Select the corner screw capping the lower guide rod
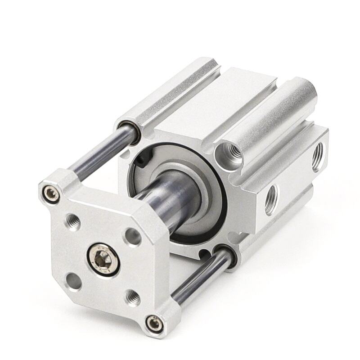pos(153,322)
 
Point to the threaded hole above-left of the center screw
pos(72,220)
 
